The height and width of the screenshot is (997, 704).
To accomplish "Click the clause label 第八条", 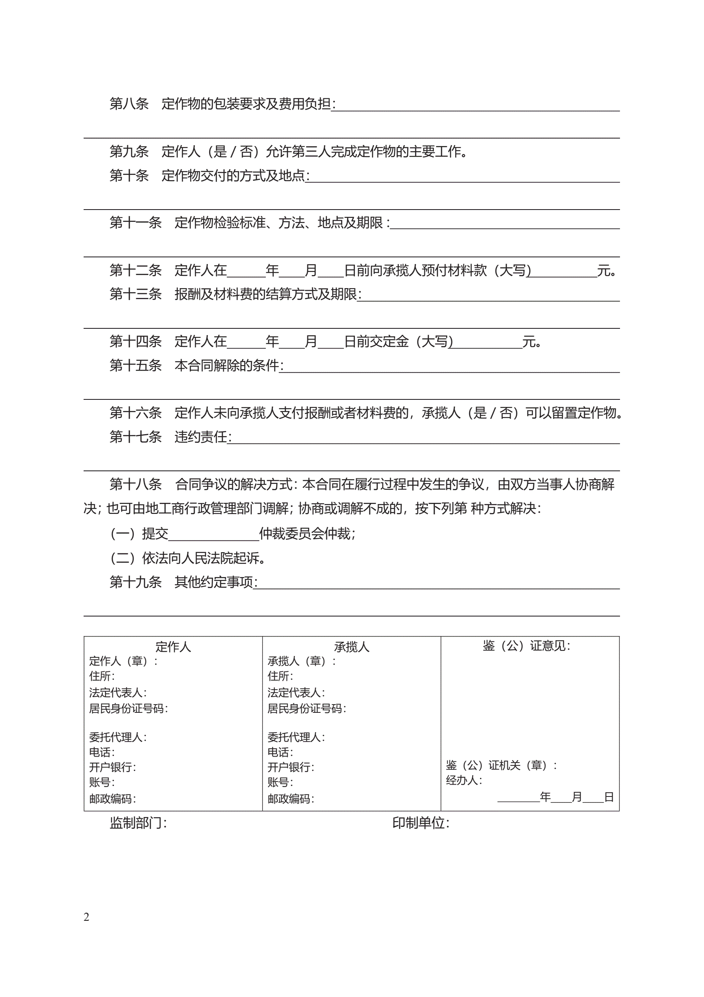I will pos(129,104).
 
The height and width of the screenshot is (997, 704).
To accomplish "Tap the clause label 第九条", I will pos(129,152).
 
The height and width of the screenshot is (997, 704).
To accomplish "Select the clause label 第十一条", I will pos(135,223).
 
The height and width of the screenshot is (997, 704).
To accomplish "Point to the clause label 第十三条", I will pos(135,294).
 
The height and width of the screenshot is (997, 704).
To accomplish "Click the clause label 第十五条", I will pos(135,365).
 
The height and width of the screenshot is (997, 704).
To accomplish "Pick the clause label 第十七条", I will pos(135,437).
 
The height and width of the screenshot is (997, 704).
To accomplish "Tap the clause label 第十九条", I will pos(135,582).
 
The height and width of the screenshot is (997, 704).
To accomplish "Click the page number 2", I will pos(86,916).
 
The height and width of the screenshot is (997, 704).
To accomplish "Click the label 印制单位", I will pos(420,823).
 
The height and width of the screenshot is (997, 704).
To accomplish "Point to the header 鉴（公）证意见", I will pos(526,646).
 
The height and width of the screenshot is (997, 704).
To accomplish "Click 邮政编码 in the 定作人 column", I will pos(112,798).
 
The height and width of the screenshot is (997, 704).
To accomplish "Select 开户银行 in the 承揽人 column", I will pos(290,767).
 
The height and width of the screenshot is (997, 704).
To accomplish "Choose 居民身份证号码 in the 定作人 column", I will pos(128,708).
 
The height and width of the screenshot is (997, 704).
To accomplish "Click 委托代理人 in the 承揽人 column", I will pos(295,737).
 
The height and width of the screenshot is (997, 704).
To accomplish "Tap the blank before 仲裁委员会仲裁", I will pos(213,534).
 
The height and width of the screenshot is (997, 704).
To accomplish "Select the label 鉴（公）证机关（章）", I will pos(500,765).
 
